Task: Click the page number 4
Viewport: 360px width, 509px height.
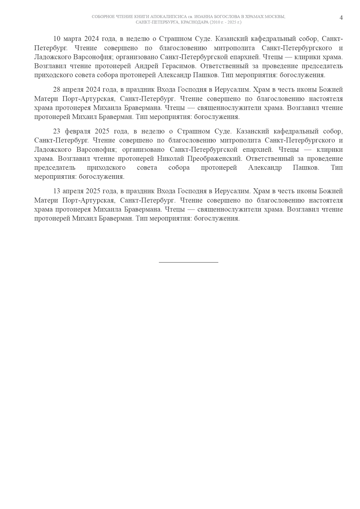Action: [341, 18]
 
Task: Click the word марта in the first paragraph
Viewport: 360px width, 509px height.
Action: [72, 39]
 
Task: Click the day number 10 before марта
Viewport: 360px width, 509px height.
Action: [57, 39]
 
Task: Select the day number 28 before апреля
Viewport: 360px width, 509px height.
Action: [57, 89]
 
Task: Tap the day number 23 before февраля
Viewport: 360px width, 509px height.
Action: [57, 131]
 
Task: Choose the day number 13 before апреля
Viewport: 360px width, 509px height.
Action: [57, 191]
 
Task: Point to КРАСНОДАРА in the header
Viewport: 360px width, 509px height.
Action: [195, 22]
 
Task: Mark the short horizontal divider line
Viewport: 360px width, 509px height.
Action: [188, 262]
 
